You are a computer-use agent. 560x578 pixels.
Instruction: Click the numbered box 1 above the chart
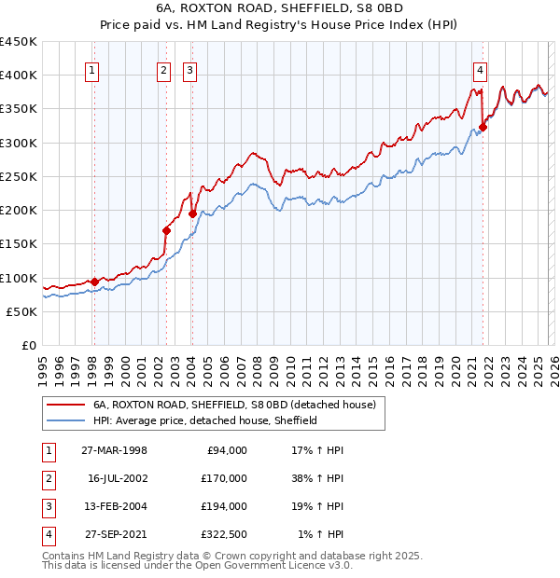click(x=93, y=68)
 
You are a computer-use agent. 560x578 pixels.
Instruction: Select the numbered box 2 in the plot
click(x=164, y=68)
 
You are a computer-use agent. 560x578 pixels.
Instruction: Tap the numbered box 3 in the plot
click(x=189, y=68)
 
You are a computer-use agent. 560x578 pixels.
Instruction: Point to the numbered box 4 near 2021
click(x=480, y=68)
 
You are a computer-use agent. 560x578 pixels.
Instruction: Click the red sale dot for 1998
click(x=94, y=282)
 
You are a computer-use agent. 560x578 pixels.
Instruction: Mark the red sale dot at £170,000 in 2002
click(x=166, y=230)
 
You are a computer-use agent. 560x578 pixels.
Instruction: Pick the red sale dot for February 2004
click(x=192, y=213)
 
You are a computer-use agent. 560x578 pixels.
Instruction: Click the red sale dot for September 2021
click(x=483, y=128)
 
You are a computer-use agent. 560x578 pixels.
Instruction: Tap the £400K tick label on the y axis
click(x=19, y=76)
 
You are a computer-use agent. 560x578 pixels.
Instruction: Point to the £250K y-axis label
click(x=19, y=176)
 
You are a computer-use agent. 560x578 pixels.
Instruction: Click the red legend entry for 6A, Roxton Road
click(x=234, y=406)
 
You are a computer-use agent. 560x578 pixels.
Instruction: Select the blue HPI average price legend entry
click(x=205, y=420)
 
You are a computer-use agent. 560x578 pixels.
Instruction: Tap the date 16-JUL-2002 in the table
click(x=118, y=478)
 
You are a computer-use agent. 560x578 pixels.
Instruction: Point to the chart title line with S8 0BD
click(x=280, y=10)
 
